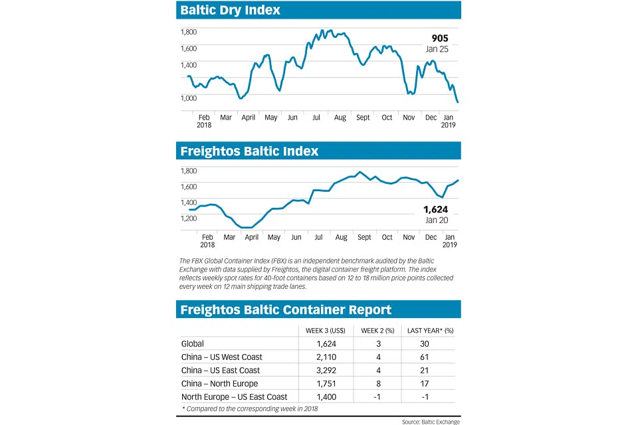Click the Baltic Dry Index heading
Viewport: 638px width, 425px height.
[x=231, y=10]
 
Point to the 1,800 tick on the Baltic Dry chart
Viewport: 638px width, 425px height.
[x=189, y=31]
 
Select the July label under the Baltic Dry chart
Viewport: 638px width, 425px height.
[x=316, y=118]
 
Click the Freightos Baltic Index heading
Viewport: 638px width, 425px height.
[x=249, y=151]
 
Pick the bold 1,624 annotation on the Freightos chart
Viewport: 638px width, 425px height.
[x=435, y=209]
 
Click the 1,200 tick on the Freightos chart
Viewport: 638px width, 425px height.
[x=189, y=218]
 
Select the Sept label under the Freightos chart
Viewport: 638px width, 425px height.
[x=364, y=237]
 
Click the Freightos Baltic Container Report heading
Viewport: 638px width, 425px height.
[x=286, y=309]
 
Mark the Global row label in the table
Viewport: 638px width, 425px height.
[x=193, y=344]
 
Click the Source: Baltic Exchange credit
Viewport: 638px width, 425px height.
[x=430, y=422]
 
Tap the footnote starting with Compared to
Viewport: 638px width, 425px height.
[x=249, y=408]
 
